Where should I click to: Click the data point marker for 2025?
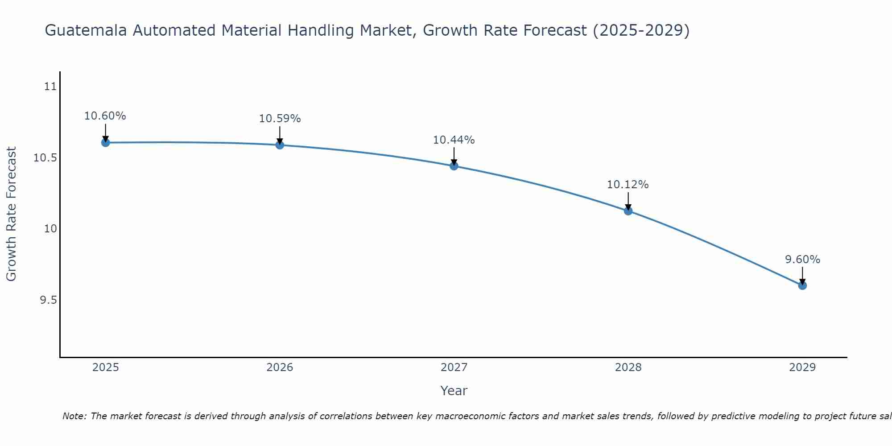106,143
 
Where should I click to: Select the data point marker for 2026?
280,145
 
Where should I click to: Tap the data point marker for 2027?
454,166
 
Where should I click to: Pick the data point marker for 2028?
628,211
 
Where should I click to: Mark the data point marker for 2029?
802,285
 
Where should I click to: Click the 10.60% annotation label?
105,116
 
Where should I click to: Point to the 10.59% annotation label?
280,119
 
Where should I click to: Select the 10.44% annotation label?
454,140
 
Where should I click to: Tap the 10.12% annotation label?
628,185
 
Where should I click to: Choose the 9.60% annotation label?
802,260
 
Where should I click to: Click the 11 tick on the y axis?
50,87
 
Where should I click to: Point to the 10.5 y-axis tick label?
45,158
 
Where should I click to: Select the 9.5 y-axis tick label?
48,300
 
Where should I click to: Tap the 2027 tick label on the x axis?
454,368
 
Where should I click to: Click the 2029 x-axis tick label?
802,368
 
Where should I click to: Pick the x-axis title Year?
454,391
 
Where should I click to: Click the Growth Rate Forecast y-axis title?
12,214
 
